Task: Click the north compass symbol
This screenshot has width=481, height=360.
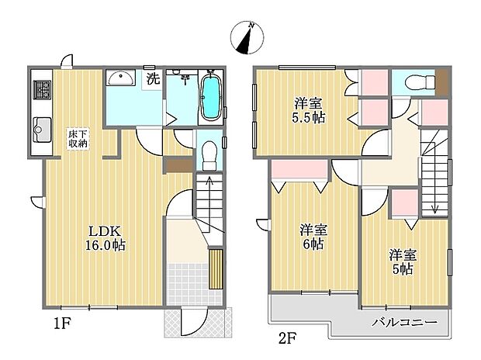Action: click(x=247, y=38)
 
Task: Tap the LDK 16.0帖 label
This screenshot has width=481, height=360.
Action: click(x=106, y=238)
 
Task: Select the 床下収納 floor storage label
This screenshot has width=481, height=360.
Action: click(x=78, y=139)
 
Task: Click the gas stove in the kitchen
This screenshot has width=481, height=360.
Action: click(x=43, y=90)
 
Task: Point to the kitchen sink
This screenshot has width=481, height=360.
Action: click(x=42, y=130)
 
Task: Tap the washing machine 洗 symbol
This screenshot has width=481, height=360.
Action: click(x=153, y=79)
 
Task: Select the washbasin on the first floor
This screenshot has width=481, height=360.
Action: click(x=120, y=78)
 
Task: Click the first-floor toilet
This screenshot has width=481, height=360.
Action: click(x=209, y=155)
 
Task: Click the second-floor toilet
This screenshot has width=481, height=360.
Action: click(x=420, y=82)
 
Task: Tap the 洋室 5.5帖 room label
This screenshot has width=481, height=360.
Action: click(x=308, y=110)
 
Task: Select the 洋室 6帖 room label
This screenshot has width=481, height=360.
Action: click(x=313, y=237)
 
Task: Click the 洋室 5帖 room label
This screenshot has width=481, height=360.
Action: click(x=403, y=262)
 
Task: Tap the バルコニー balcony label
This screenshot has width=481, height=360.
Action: click(x=405, y=323)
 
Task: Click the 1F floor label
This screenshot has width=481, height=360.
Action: click(x=62, y=324)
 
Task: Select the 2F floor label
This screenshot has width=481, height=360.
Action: click(x=287, y=339)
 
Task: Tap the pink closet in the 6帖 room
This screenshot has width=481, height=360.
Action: click(x=300, y=169)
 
